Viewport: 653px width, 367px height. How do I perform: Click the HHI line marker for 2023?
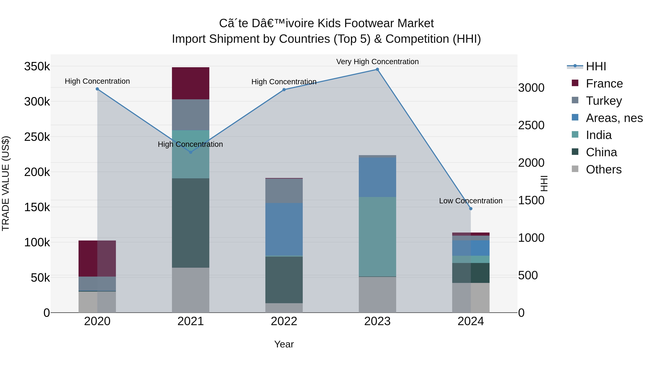(377, 69)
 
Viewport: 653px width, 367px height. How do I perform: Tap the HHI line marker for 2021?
(191, 152)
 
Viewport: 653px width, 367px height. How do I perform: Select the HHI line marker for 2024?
(471, 209)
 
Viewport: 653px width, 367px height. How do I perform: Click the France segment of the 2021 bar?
(191, 83)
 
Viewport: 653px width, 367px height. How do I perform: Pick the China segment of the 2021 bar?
(191, 223)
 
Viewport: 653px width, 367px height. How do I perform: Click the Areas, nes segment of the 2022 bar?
(284, 229)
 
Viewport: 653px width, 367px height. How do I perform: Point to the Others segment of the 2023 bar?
(377, 295)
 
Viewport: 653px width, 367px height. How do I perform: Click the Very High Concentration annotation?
(377, 62)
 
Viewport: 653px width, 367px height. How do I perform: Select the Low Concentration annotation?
(471, 201)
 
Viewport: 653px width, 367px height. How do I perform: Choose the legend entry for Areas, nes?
(614, 118)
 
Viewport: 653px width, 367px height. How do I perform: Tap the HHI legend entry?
(596, 66)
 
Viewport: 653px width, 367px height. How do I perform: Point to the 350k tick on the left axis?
(37, 67)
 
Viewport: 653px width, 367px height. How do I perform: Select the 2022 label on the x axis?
(284, 321)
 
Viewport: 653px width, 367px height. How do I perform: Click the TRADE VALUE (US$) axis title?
(6, 183)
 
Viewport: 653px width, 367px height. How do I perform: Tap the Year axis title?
(284, 344)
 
